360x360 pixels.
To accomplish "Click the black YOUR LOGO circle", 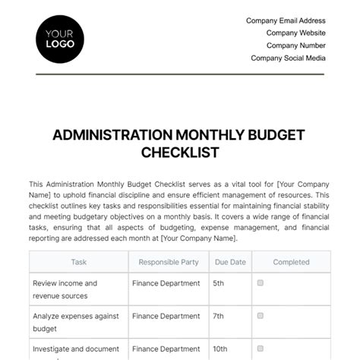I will [61, 39].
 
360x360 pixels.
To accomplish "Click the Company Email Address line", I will [286, 21].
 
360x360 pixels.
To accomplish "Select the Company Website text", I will [295, 33].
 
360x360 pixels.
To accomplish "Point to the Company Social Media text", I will [288, 58].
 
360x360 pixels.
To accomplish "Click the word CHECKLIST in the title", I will [180, 152].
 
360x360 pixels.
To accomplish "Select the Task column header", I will [79, 262].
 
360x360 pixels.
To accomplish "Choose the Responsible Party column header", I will [168, 262].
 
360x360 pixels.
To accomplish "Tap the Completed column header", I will [291, 262].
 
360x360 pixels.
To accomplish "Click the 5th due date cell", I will [218, 283].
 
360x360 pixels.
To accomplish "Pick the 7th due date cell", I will [218, 314].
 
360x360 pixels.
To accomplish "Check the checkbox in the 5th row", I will [261, 283].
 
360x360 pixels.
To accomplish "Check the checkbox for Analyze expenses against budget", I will [261, 314].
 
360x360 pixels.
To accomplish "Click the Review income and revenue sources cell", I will [65, 289].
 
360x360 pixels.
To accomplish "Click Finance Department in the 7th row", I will [166, 314].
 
